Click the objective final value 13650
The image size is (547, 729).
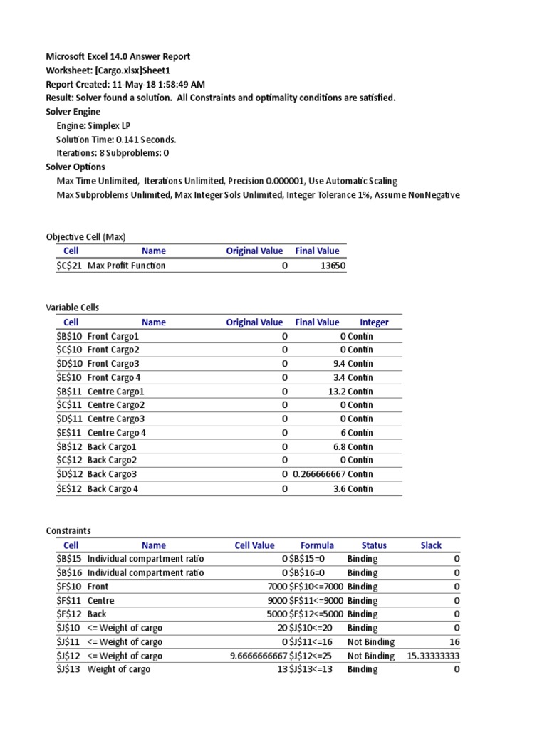click(x=325, y=266)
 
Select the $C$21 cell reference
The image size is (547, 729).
click(x=71, y=266)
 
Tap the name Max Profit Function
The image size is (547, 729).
click(x=126, y=266)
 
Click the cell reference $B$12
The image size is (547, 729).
click(x=71, y=447)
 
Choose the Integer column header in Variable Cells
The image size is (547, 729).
click(x=374, y=322)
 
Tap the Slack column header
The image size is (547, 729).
click(x=431, y=545)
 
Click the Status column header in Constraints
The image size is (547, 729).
click(x=374, y=545)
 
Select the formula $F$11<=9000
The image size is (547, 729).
click(x=316, y=601)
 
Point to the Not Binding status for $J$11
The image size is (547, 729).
click(x=370, y=642)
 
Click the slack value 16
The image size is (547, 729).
click(x=454, y=642)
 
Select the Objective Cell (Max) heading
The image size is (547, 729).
click(x=85, y=237)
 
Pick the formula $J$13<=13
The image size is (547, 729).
click(x=316, y=670)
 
